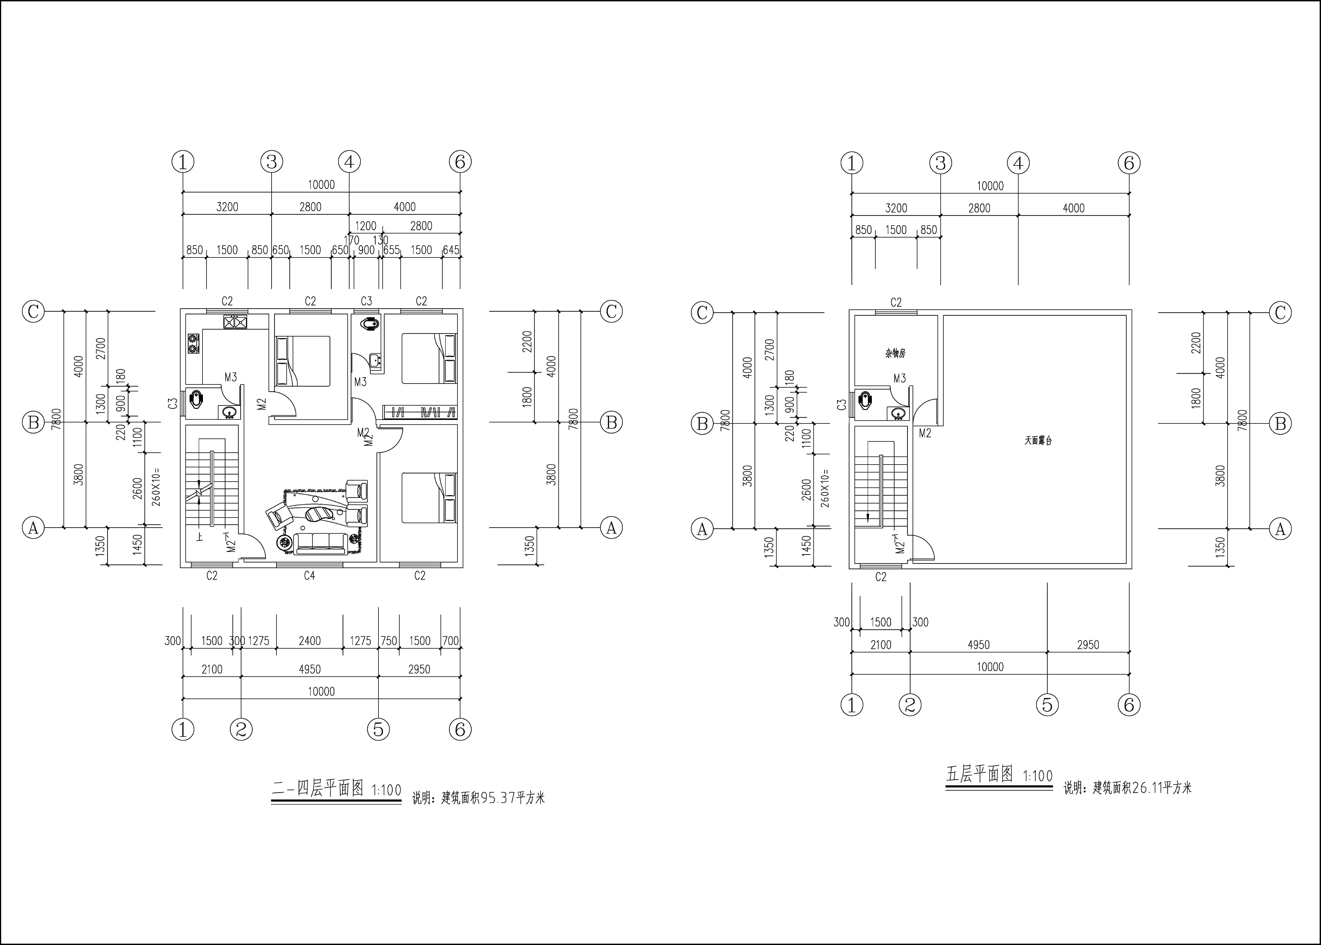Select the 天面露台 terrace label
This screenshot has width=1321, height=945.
[1038, 441]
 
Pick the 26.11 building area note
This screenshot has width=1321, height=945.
[1127, 788]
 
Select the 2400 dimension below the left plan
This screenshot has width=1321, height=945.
[309, 641]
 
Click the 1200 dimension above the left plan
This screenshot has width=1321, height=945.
[366, 226]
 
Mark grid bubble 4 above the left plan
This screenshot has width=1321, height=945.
[349, 162]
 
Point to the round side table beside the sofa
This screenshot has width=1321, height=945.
[285, 542]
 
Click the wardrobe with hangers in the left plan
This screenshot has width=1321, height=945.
[419, 412]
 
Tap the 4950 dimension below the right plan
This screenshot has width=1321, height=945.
[978, 645]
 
